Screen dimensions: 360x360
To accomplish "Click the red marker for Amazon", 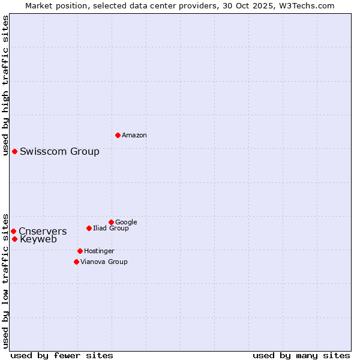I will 118,135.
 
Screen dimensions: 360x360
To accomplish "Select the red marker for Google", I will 111,222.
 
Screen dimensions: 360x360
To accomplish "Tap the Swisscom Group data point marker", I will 14,151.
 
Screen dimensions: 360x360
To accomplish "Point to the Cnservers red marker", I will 13,231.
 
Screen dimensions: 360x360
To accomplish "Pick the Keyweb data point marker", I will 14,239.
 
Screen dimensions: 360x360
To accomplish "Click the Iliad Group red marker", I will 89,228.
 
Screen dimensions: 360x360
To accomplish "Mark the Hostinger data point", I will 80,251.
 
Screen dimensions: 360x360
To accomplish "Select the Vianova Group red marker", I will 76,262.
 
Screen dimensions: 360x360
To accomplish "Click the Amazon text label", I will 134,136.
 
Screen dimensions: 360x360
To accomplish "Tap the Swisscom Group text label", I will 59,151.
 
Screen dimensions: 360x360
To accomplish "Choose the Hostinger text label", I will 99,251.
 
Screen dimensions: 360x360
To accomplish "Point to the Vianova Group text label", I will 104,262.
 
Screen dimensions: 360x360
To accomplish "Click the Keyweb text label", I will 38,239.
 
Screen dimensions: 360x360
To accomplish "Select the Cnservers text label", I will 43,232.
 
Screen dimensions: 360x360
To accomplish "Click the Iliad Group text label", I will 111,228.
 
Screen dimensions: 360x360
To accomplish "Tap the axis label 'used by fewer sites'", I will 62,355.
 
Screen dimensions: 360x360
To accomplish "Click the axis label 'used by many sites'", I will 301,355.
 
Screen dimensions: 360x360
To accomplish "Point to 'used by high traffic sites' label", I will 6,85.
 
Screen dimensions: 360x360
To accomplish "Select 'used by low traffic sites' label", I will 6,280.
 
